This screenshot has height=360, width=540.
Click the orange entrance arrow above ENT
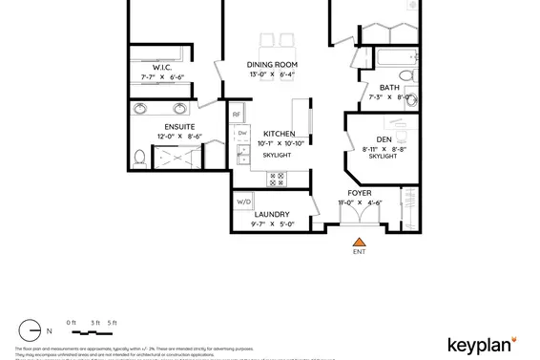[x=359, y=242]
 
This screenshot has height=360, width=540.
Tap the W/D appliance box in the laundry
[x=244, y=201]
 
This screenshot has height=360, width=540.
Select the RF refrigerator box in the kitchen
[x=237, y=115]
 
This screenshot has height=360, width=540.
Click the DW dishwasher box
[x=242, y=134]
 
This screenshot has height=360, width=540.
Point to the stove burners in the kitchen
[x=279, y=177]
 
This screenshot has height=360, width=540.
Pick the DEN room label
[x=384, y=139]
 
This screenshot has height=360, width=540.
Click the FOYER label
[x=360, y=193]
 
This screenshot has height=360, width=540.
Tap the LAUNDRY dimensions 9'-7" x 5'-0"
[x=273, y=224]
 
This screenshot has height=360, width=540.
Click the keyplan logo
[x=483, y=344]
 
